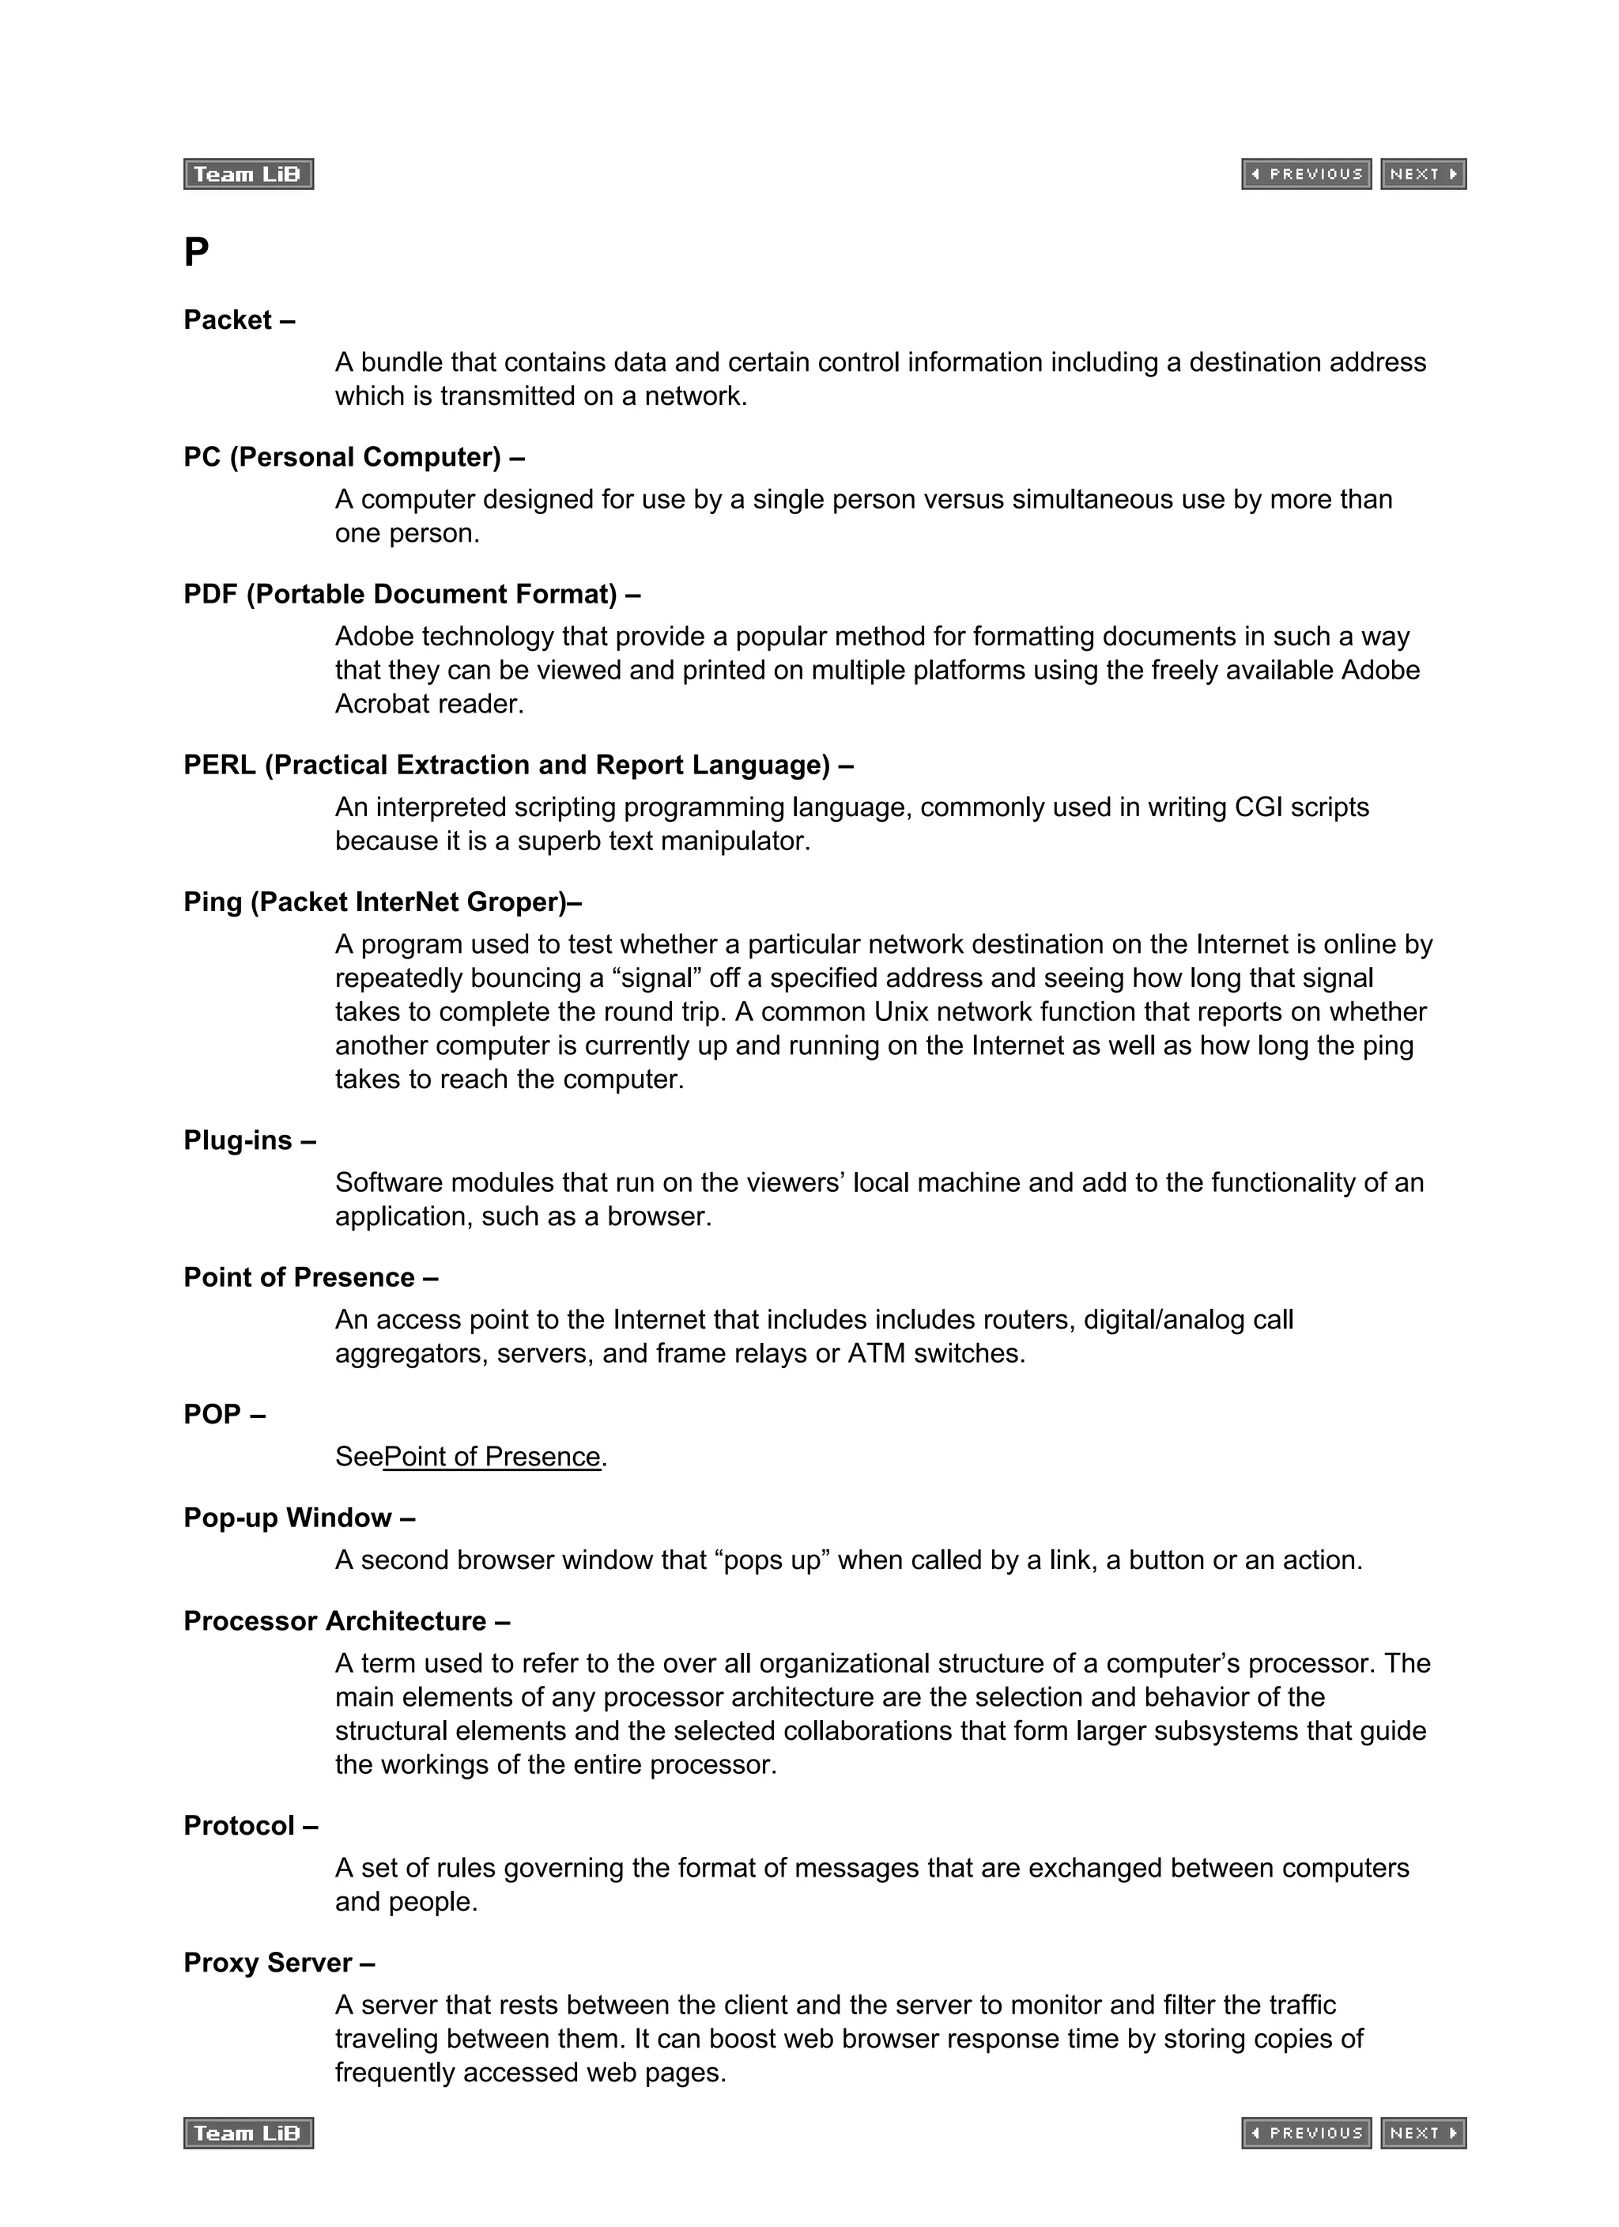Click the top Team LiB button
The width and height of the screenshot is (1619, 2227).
click(x=247, y=174)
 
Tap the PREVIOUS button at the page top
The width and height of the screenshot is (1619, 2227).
click(x=1306, y=174)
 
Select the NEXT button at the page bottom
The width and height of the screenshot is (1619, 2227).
click(x=1423, y=2133)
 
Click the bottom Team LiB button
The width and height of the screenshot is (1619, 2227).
click(x=247, y=2133)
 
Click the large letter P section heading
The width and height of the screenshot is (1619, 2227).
click(x=196, y=252)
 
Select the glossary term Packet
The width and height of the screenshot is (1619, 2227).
click(x=228, y=320)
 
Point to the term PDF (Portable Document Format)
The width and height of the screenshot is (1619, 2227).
click(x=401, y=594)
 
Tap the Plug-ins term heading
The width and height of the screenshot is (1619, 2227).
click(x=238, y=1140)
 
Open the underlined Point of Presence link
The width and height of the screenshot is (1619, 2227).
click(x=492, y=1456)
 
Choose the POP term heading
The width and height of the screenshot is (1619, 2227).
click(x=212, y=1414)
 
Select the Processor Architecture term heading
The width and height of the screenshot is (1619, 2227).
click(x=335, y=1620)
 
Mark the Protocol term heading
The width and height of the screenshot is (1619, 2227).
click(x=240, y=1825)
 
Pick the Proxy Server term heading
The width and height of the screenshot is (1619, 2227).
click(x=268, y=1962)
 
